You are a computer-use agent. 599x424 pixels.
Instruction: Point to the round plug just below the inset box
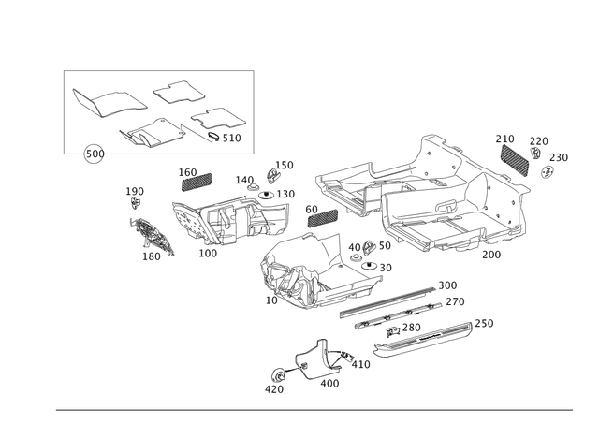click(x=93, y=154)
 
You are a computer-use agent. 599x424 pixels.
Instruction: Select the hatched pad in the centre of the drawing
click(x=320, y=214)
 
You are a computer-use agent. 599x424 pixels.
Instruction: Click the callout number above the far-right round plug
click(x=559, y=155)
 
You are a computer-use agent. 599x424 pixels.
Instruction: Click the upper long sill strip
click(x=393, y=300)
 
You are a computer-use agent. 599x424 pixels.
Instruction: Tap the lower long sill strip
click(x=426, y=337)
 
